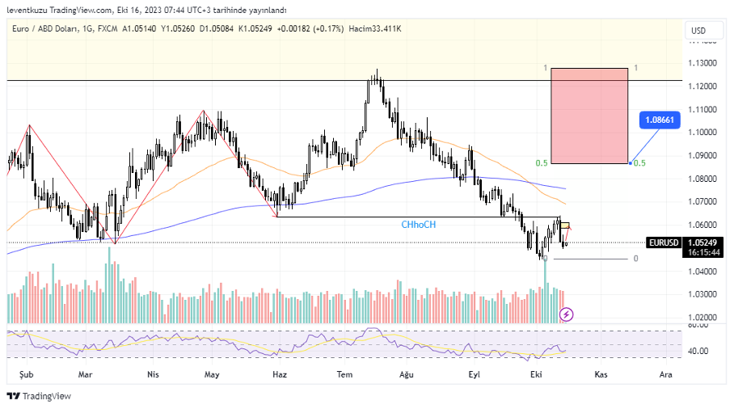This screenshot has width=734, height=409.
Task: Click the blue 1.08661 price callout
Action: [x=659, y=120]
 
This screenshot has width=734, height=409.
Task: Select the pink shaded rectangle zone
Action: [x=588, y=116]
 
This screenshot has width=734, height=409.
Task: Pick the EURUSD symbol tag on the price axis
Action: [x=663, y=242]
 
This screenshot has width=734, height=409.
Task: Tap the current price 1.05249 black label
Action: [x=702, y=242]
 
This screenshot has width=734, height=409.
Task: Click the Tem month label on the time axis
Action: [x=345, y=374]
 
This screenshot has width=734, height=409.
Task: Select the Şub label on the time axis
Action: [x=27, y=374]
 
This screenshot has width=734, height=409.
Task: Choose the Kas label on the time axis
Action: [x=601, y=374]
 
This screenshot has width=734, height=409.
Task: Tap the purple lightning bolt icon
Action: [x=567, y=314]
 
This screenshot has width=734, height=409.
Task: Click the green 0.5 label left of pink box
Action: [x=542, y=163]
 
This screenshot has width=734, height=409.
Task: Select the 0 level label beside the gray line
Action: [x=635, y=259]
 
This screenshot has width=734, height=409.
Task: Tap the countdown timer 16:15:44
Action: [x=702, y=252]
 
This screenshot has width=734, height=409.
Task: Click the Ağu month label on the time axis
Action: [x=407, y=374]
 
